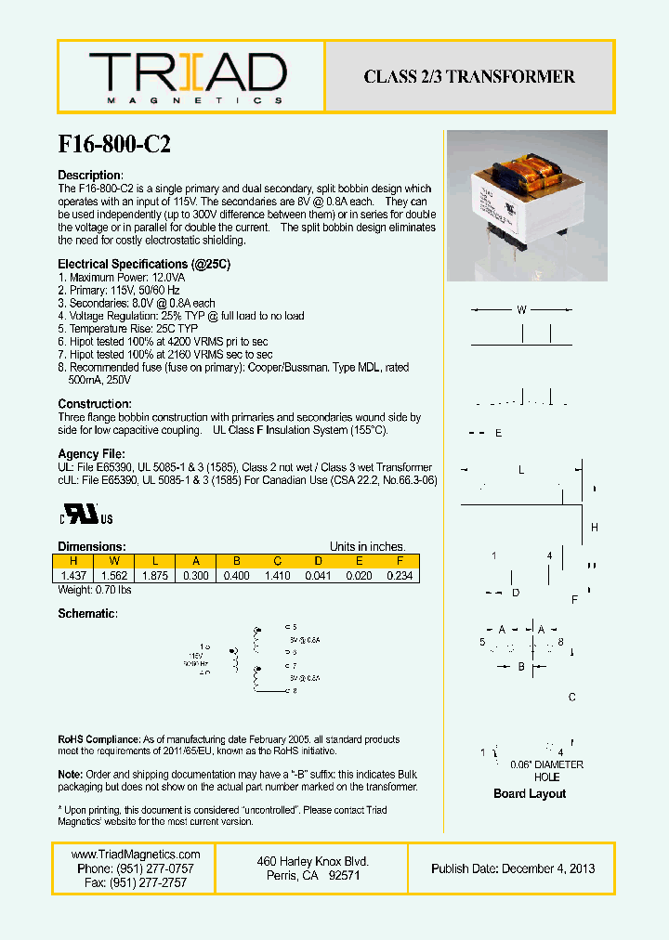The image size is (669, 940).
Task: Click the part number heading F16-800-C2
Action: tap(114, 144)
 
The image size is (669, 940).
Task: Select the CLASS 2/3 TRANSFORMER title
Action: tap(469, 77)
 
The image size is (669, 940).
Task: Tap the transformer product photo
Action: tap(527, 205)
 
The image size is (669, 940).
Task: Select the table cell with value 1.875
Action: tap(154, 576)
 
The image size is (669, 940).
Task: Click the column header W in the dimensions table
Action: tap(113, 561)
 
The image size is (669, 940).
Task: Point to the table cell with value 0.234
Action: tap(400, 576)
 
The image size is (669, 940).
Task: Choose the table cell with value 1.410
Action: tap(277, 576)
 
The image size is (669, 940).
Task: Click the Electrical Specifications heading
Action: tap(144, 264)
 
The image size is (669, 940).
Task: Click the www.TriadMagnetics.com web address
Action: tap(136, 855)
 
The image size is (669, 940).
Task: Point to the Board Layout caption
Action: tap(530, 793)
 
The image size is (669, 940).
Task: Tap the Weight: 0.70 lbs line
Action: tap(95, 590)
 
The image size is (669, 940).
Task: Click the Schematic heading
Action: tap(87, 614)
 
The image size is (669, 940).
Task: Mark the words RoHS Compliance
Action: tap(98, 739)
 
